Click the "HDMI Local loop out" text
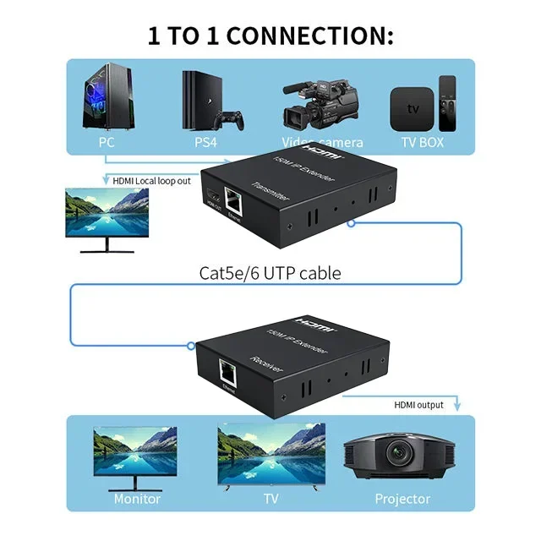click(x=152, y=180)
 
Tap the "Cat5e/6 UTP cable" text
click(x=270, y=273)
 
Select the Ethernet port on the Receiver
click(x=228, y=369)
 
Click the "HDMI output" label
click(x=418, y=405)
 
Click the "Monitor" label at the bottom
click(x=137, y=499)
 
